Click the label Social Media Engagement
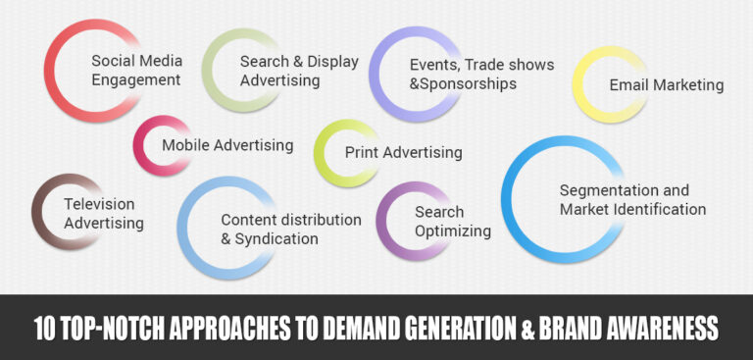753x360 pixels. pos(135,70)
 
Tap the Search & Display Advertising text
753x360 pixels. pos(299,71)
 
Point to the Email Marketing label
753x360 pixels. pos(666,85)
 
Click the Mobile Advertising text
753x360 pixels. pos(227,145)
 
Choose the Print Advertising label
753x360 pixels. pos(403,152)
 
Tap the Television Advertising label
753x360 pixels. pos(103,214)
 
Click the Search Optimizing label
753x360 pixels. pos(452,222)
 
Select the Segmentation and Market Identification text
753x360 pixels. pos(632,199)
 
